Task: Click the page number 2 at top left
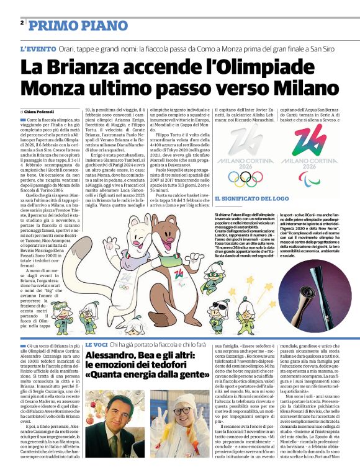22,23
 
